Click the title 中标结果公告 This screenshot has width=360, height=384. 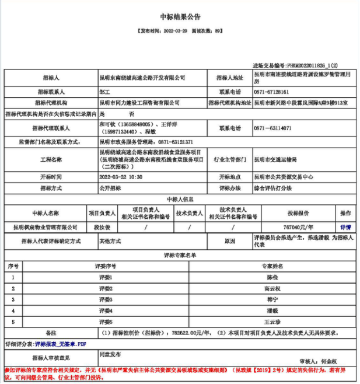(x=180, y=18)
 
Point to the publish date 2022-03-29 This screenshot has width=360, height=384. (x=176, y=30)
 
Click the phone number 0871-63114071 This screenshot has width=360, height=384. (x=272, y=128)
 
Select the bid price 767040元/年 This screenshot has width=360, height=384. (x=302, y=226)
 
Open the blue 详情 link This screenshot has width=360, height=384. (x=345, y=226)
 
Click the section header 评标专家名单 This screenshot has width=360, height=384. (x=180, y=255)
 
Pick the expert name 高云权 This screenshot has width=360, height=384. (x=272, y=288)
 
